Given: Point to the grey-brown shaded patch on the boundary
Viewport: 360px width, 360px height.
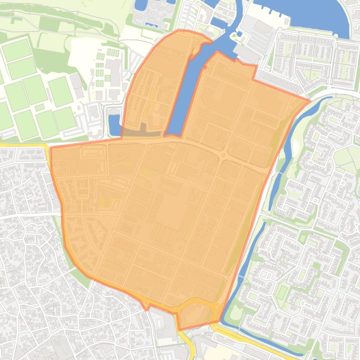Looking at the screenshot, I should point(143,131).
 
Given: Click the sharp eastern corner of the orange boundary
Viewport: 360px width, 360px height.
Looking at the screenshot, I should point(309,100).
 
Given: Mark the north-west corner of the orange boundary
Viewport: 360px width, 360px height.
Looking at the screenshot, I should point(50,148).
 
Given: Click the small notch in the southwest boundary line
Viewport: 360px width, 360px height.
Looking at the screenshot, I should point(146,306).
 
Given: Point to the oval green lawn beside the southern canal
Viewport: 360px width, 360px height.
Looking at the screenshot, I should point(235,312).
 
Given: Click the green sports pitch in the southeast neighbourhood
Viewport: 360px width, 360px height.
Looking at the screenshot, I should point(282,293).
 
